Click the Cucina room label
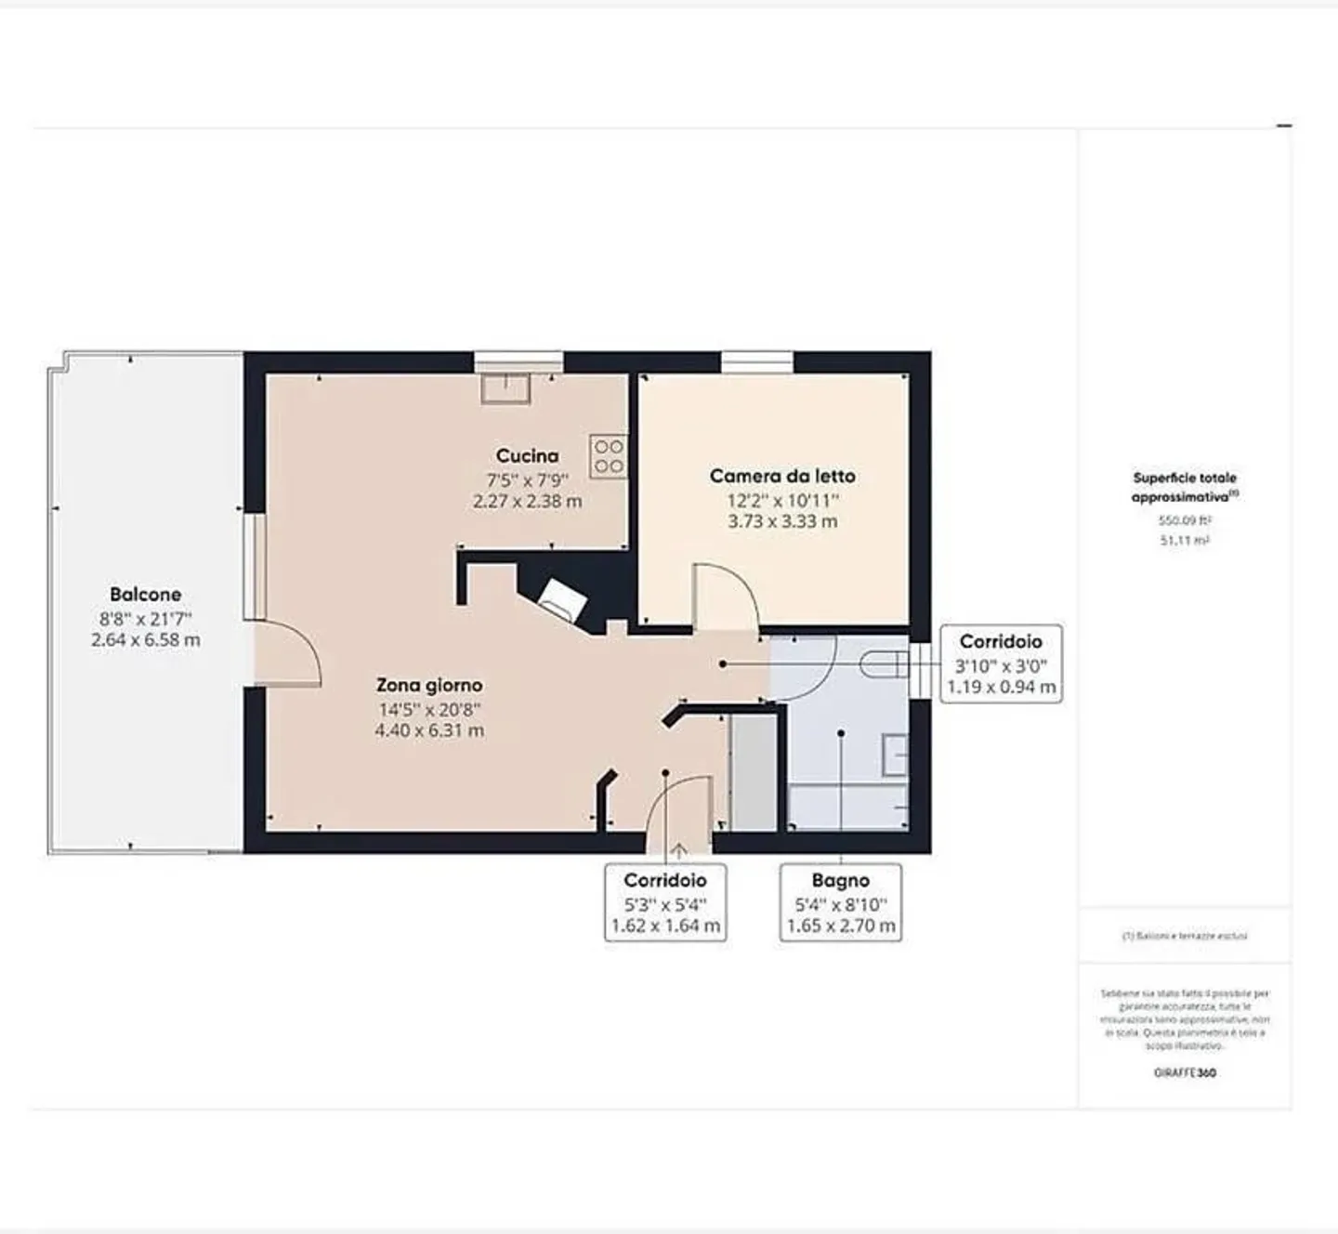tap(527, 455)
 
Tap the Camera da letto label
tap(782, 476)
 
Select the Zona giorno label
tap(429, 685)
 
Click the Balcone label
tap(145, 594)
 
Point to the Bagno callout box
tap(840, 902)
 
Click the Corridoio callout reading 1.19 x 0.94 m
tap(1001, 663)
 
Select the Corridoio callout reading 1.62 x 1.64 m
tap(665, 902)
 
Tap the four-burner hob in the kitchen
tap(609, 456)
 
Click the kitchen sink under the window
tap(505, 387)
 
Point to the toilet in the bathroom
tap(884, 664)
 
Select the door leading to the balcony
tap(288, 654)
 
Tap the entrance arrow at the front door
tap(679, 849)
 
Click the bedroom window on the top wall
tap(757, 361)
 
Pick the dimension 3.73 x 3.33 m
tap(782, 521)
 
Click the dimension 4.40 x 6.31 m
tap(429, 730)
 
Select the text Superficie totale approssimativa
tap(1184, 487)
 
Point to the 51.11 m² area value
tap(1185, 540)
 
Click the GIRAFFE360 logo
tap(1185, 1072)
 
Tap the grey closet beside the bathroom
tap(753, 772)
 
